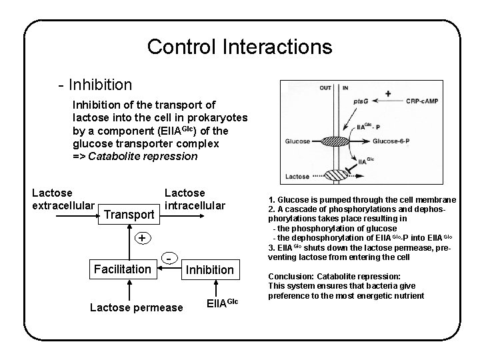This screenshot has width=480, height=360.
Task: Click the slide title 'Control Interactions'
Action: [239, 47]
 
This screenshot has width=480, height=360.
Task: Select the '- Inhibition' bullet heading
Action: [95, 85]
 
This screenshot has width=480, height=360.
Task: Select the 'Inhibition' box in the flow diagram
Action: [209, 269]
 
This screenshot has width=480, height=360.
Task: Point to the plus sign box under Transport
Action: [141, 239]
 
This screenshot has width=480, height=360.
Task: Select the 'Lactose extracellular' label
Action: [62, 199]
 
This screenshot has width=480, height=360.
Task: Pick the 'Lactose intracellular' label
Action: [195, 199]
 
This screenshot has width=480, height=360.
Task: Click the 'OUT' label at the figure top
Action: [325, 87]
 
